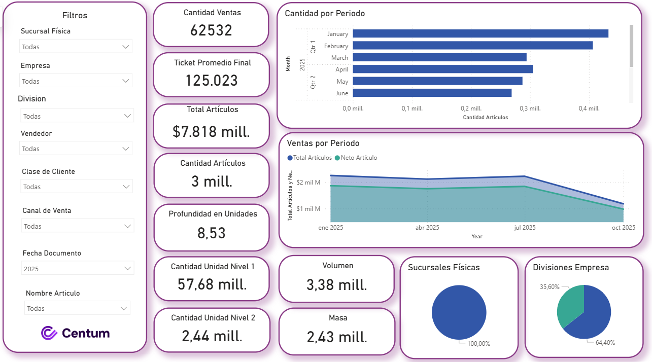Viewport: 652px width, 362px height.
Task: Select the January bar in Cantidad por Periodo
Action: pos(480,33)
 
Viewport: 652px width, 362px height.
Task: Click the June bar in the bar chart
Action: pos(432,93)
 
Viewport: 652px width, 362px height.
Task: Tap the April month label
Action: pos(341,69)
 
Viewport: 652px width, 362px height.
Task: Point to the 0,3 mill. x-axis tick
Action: pos(530,108)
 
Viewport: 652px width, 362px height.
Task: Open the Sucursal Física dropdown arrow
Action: pos(126,47)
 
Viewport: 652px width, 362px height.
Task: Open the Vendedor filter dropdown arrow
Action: pos(126,149)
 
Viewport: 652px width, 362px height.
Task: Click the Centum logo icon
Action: pos(49,333)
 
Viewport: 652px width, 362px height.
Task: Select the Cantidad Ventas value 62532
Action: pos(211,30)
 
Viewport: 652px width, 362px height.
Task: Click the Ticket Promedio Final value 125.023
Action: pos(211,81)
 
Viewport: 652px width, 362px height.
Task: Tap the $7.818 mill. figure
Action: pos(211,132)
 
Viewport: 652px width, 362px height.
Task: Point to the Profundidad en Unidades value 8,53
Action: pos(212,233)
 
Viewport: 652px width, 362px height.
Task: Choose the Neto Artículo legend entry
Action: pos(358,158)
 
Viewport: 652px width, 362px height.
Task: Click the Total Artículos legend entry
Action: pos(310,158)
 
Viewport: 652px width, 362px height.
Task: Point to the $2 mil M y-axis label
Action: pos(308,183)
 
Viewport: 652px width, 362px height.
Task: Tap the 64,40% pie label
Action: pos(605,343)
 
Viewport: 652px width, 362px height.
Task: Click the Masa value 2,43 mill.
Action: pos(337,337)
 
